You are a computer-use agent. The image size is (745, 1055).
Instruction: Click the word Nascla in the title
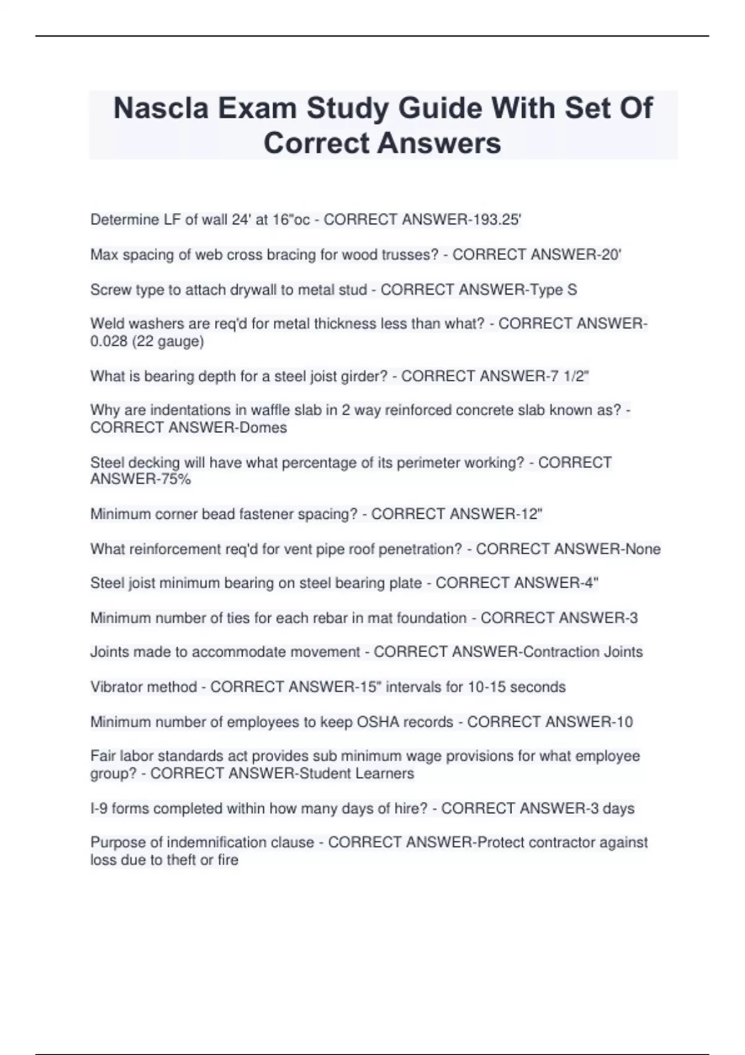(160, 109)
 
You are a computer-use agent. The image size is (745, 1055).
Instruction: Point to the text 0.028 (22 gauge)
(147, 341)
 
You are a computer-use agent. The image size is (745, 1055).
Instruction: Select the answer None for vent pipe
(643, 549)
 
